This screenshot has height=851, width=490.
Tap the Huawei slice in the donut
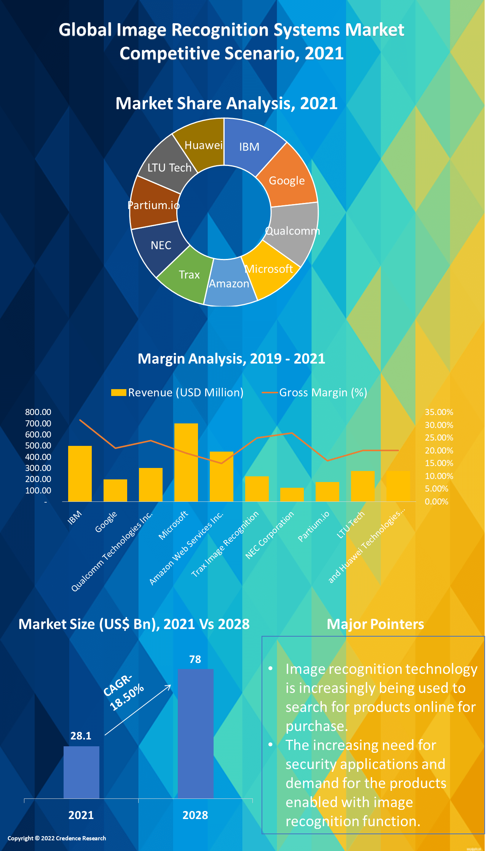tap(202, 143)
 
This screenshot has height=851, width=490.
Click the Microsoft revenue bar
tap(186, 462)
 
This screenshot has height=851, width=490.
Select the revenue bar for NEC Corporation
tap(292, 495)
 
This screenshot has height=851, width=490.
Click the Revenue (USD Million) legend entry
tap(177, 393)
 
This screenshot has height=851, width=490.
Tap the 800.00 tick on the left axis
tap(38, 412)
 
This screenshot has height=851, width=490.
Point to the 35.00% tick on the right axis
tap(439, 412)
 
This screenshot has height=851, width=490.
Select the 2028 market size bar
tap(196, 733)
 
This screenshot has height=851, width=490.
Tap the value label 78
tap(195, 659)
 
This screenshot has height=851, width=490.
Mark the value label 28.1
tap(81, 736)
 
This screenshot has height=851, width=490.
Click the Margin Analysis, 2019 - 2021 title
tap(231, 359)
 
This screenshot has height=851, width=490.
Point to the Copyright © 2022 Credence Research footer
tap(57, 838)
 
